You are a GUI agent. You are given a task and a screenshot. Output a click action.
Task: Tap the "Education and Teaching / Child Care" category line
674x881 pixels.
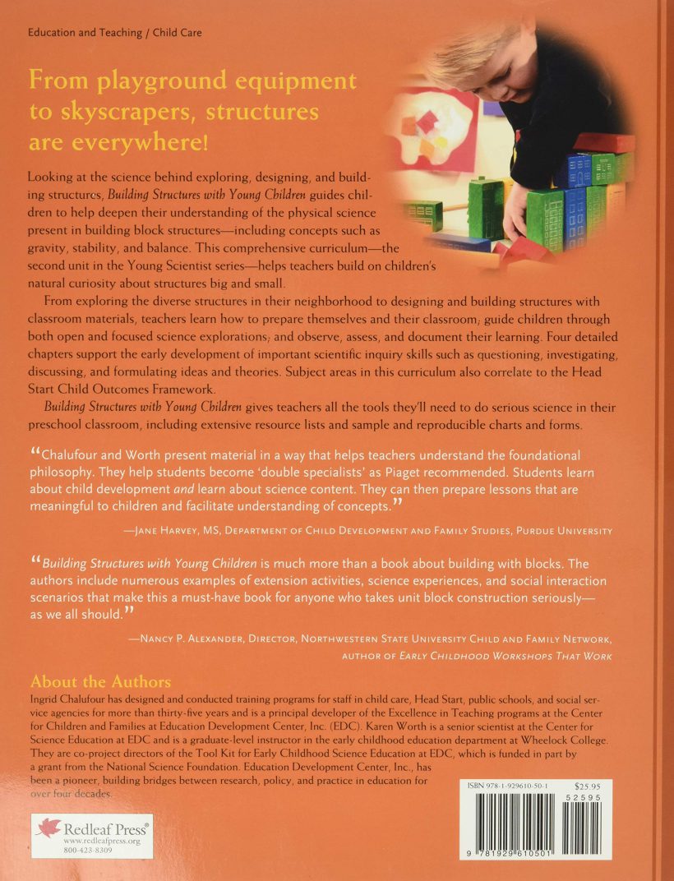point(114,33)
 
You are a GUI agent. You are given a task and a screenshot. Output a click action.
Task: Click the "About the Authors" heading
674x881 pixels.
point(100,682)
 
